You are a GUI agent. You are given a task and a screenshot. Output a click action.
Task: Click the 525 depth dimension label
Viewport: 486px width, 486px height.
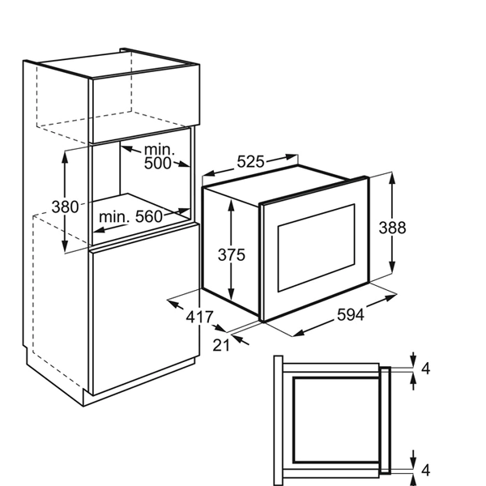[x=250, y=162]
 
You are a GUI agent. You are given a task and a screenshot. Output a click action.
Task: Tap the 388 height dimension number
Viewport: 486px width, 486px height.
[x=392, y=228]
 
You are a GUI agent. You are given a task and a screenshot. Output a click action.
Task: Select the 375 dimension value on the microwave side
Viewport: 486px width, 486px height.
[x=231, y=255]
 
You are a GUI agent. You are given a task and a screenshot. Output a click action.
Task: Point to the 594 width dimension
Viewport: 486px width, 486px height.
[x=350, y=315]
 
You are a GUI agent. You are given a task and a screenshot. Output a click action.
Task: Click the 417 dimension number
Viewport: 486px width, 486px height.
[x=199, y=317]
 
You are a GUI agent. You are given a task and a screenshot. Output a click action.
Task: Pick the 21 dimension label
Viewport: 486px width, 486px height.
[x=221, y=345]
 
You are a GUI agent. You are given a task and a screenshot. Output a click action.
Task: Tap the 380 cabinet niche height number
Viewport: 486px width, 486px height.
[x=65, y=207]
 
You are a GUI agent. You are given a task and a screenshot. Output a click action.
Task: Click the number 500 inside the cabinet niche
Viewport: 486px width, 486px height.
[x=157, y=163]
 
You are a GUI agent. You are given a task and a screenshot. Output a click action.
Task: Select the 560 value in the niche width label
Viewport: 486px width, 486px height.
[x=149, y=216]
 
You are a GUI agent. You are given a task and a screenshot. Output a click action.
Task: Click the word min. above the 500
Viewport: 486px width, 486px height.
[x=160, y=150]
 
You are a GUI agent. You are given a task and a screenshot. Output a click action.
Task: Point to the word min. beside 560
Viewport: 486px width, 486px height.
[x=114, y=216]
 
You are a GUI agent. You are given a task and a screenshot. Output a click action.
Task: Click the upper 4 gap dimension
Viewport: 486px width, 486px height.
[x=426, y=369]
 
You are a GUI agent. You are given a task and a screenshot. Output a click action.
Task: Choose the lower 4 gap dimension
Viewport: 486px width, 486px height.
[x=426, y=470]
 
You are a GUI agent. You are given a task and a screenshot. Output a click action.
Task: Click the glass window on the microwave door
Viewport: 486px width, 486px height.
[x=316, y=248]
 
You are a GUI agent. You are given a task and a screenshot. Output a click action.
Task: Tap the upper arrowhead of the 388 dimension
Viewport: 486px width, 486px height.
[x=392, y=178]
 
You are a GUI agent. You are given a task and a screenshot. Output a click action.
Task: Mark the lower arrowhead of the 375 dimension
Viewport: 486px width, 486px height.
[x=231, y=295]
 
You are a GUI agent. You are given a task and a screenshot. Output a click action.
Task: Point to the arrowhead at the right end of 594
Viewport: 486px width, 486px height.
[x=391, y=297]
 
